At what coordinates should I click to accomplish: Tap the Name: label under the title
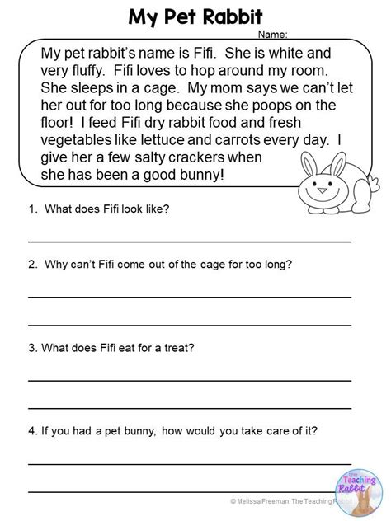[x=273, y=35]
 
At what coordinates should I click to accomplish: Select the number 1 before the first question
[x=31, y=209]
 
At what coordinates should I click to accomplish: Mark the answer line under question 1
[x=190, y=240]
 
